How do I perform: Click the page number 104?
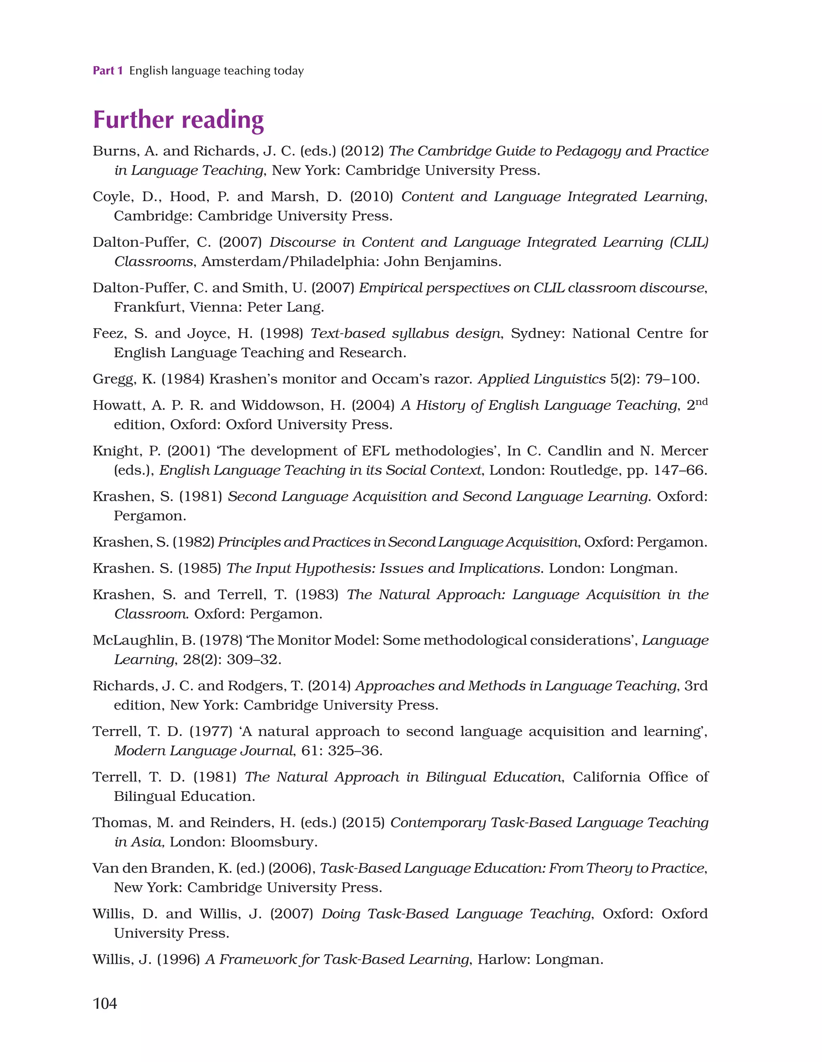tap(105, 1003)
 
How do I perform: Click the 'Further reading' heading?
tap(178, 120)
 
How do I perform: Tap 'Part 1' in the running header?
tap(108, 71)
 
